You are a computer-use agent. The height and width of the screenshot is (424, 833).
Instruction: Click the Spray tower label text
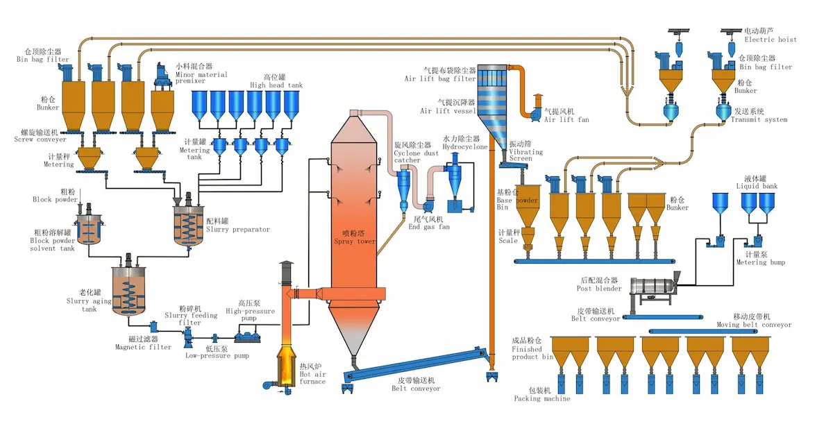click(355, 241)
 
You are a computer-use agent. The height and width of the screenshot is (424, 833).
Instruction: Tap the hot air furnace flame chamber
click(285, 364)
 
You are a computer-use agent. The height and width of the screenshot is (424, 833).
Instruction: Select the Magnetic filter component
click(153, 326)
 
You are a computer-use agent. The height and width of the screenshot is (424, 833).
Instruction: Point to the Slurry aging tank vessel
click(128, 291)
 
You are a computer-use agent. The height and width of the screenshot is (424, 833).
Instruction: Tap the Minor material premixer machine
click(162, 76)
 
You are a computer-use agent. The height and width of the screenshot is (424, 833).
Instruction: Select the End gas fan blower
click(428, 205)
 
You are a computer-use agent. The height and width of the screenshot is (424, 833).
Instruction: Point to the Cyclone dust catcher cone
click(403, 192)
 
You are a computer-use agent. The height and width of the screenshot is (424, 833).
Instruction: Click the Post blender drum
click(653, 286)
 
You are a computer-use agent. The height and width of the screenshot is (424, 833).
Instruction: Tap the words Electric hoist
click(770, 40)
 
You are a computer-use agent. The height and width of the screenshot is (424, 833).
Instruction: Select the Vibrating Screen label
click(525, 155)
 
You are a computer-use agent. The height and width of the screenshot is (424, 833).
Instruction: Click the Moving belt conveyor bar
click(703, 331)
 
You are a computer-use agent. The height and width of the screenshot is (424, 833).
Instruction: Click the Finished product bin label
click(532, 353)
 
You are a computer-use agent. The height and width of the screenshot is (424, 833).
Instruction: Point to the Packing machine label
click(542, 398)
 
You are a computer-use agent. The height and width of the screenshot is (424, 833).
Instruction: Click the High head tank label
click(276, 85)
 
